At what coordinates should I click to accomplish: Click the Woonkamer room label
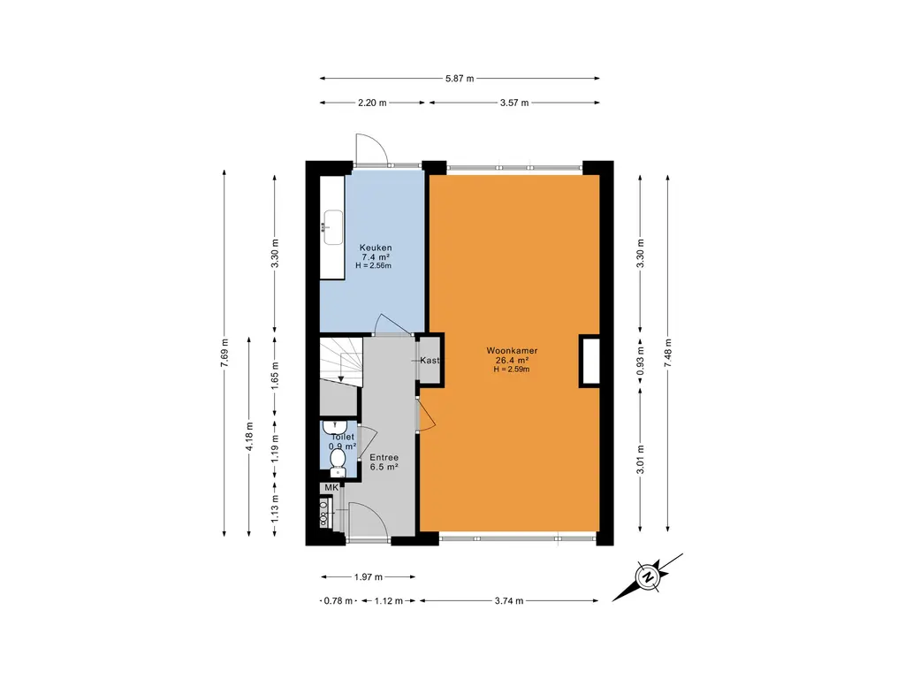tap(512, 351)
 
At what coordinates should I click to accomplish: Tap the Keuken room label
tap(375, 248)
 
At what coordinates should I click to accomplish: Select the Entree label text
tap(383, 457)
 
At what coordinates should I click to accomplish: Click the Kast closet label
tap(430, 361)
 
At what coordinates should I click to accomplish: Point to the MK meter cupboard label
tap(331, 488)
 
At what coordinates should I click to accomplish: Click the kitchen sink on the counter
tap(333, 226)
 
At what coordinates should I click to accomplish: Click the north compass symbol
tap(648, 578)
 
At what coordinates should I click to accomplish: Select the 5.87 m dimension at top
tap(460, 79)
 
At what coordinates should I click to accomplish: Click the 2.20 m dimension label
tap(372, 103)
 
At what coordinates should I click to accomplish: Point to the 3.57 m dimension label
tap(513, 103)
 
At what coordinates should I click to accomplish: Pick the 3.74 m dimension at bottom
tap(508, 601)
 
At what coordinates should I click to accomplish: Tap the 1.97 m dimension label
tap(367, 577)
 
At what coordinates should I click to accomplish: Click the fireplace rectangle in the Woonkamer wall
tap(589, 361)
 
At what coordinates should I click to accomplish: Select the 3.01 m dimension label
tap(641, 459)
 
